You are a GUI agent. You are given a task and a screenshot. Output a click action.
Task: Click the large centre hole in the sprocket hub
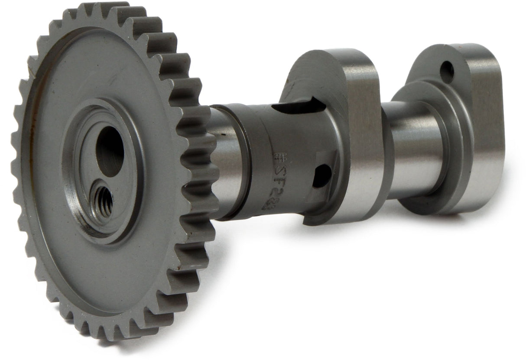pyautogui.click(x=109, y=151)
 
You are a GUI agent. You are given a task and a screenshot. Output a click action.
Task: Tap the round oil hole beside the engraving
pyautogui.click(x=321, y=175)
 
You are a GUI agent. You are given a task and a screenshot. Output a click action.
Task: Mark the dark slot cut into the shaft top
pyautogui.click(x=301, y=106)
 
